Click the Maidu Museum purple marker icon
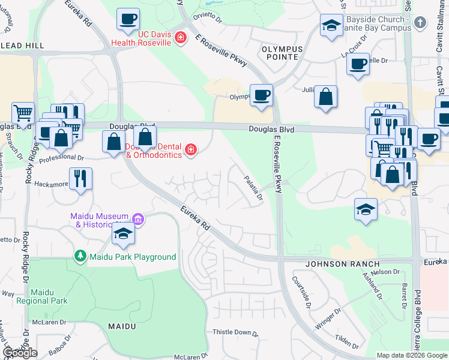point(139,220)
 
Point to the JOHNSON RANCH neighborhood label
point(342,264)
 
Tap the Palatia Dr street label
point(253,188)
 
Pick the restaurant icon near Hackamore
point(80,178)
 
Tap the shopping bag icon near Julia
point(325,97)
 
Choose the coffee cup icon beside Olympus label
point(261,95)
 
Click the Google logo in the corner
point(20,353)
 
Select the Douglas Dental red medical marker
point(191,149)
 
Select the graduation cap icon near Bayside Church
point(331,25)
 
